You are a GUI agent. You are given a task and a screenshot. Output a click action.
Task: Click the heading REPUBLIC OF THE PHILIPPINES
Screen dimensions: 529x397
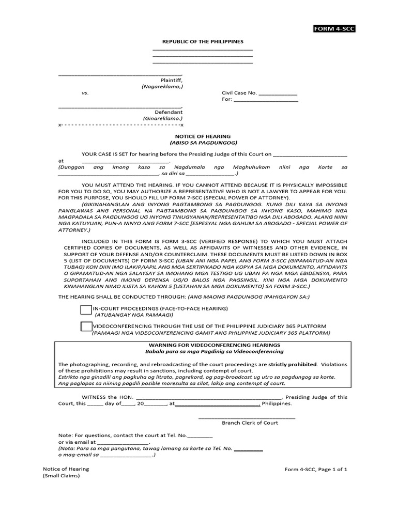coord(203,41)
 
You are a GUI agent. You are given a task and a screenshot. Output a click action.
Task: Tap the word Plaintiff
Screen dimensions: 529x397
coord(171,81)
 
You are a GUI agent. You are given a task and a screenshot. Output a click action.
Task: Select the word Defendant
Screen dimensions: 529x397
coord(169,112)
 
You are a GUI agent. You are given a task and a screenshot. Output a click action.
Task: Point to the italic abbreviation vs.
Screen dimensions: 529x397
coord(85,93)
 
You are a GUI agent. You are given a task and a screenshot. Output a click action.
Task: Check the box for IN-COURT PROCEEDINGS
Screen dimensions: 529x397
coord(86,310)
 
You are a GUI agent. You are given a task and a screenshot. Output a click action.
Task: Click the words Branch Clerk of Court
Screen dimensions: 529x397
coord(250,423)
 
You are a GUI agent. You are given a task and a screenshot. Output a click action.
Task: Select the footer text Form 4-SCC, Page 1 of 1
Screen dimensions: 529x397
coord(316,469)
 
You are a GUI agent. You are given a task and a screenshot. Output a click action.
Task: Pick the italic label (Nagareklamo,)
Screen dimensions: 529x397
coord(162,87)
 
